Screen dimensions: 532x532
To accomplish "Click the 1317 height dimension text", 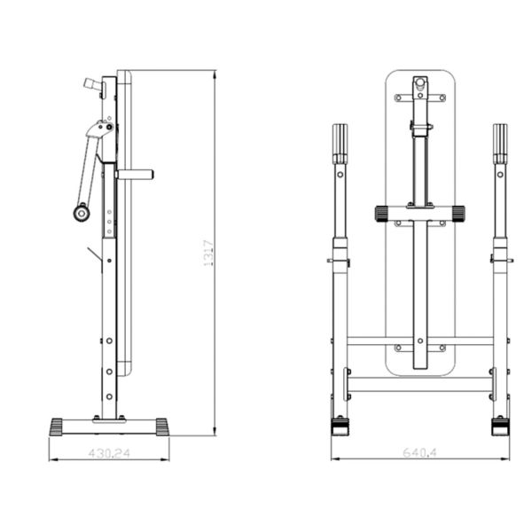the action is pos(208,253).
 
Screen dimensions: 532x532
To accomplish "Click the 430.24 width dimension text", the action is pos(109,453).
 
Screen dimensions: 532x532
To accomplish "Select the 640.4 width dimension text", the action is pos(420,452).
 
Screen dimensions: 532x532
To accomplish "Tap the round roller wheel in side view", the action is pos(82,214).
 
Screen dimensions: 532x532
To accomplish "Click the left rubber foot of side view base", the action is pos(57,427).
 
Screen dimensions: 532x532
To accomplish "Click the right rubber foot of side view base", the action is pos(162,427).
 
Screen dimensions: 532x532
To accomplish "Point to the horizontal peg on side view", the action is pos(135,175).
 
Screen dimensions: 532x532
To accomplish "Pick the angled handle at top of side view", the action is pos(92,84).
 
